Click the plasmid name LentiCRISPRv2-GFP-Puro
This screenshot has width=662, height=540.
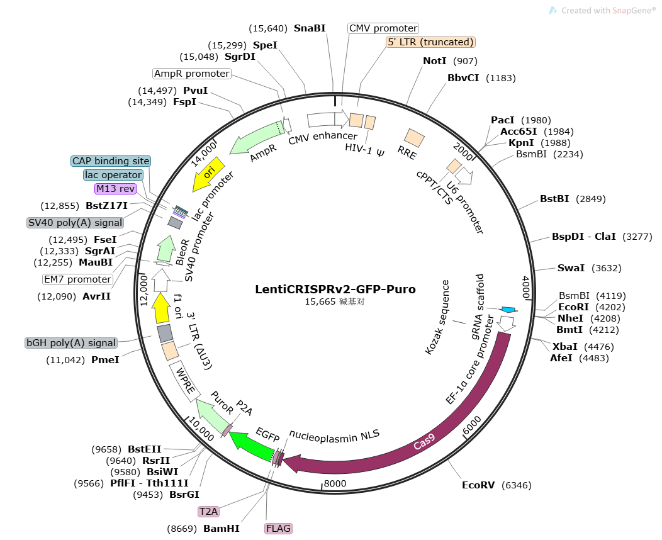pos(335,290)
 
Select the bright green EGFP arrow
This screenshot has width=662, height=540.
pos(251,446)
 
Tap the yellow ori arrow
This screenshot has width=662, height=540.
pos(208,174)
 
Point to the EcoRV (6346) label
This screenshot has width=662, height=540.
pos(496,485)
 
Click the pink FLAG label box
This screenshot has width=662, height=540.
pos(278,529)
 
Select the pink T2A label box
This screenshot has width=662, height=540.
pos(208,512)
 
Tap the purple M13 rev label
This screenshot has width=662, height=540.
pos(115,189)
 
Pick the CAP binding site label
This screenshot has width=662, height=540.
pos(111,161)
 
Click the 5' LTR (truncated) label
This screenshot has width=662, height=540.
pos(430,42)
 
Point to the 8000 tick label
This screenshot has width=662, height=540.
pos(335,483)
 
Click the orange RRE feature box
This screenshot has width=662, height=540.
pos(414,138)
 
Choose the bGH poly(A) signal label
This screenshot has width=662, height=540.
pos(71,343)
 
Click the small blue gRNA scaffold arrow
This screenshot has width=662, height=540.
pos(508,310)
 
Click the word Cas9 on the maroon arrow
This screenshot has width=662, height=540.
pos(424,442)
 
